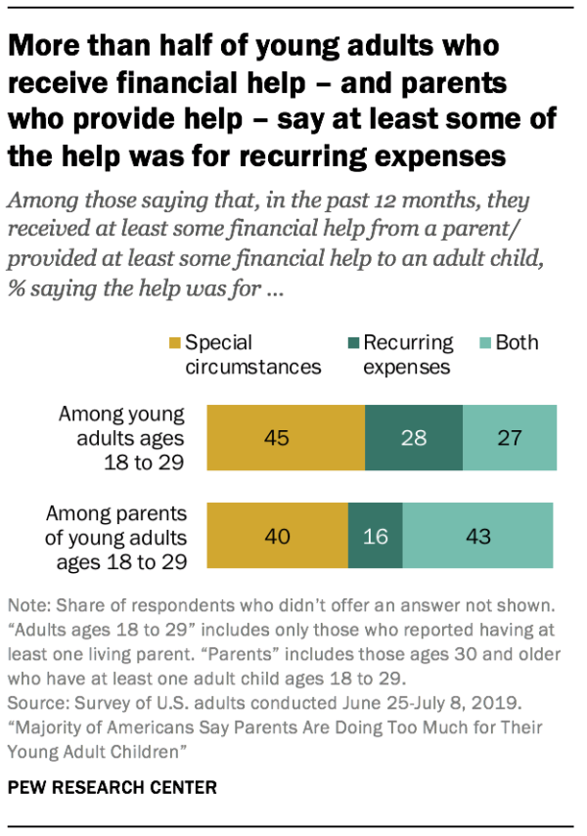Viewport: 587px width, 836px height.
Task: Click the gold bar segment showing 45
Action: point(284,437)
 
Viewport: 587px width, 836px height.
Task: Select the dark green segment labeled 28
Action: point(413,437)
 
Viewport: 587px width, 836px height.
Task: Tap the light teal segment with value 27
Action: point(509,437)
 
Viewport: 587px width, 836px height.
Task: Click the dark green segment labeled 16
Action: point(375,536)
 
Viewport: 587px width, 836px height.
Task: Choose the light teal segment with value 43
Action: point(477,536)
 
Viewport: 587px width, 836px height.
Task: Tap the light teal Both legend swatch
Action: point(484,344)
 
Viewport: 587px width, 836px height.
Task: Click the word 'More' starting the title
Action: point(45,46)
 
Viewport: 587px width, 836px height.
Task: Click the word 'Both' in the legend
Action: point(518,344)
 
